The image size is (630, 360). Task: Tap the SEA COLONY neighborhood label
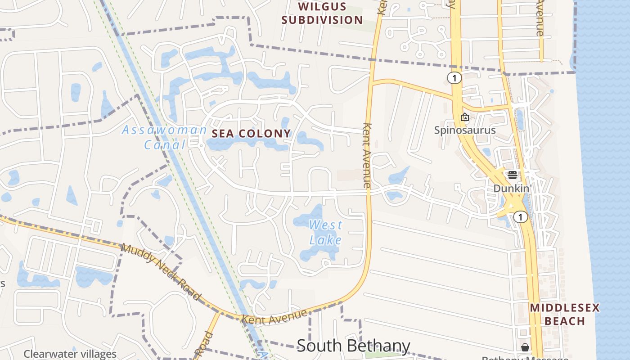(x=251, y=134)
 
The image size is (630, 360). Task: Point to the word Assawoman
(x=164, y=130)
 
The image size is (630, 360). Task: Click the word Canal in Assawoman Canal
(x=164, y=145)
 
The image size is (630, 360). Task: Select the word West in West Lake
(x=326, y=225)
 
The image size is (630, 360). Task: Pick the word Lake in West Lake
(x=326, y=240)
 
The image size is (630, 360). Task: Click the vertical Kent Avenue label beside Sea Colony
(x=367, y=155)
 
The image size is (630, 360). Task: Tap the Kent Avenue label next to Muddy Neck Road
(x=274, y=317)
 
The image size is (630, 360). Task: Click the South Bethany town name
(x=353, y=346)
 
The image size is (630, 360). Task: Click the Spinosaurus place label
(x=464, y=130)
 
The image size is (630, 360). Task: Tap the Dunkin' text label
(x=512, y=188)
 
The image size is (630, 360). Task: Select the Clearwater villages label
(x=70, y=354)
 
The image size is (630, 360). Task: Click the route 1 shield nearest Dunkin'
(x=521, y=217)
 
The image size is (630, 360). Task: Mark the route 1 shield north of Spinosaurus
(x=454, y=78)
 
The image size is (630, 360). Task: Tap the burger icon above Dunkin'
(x=512, y=175)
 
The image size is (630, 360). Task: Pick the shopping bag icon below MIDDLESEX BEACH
(x=525, y=347)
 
